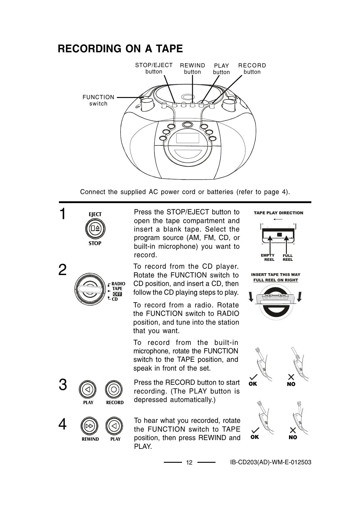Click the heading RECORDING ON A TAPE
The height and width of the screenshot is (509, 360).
[x=120, y=49]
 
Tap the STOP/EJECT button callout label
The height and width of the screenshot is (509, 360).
[x=154, y=68]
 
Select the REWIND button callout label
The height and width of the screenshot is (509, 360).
[x=193, y=69]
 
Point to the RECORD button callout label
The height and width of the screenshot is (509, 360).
[x=252, y=69]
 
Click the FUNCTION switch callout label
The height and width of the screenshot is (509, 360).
[x=99, y=100]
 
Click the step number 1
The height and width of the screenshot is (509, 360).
[x=63, y=214]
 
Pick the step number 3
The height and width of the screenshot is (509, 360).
[x=63, y=385]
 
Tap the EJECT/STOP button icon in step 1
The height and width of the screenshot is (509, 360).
[x=95, y=228]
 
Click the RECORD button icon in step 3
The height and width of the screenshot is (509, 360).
[x=114, y=390]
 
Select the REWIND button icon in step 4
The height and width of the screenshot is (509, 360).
[x=89, y=426]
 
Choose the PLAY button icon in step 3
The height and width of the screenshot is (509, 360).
[x=88, y=389]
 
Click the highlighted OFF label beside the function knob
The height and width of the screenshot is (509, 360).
[x=117, y=294]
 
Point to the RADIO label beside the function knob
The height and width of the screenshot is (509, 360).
[x=118, y=284]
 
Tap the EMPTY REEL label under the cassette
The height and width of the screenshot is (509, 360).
[x=268, y=258]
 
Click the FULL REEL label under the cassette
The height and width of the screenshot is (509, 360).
[x=288, y=258]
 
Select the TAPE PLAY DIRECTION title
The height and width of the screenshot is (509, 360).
[x=278, y=213]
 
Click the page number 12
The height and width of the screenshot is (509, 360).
[x=189, y=462]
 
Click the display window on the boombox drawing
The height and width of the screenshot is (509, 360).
[x=187, y=138]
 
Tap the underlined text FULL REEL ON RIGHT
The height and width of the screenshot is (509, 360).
[x=276, y=280]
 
